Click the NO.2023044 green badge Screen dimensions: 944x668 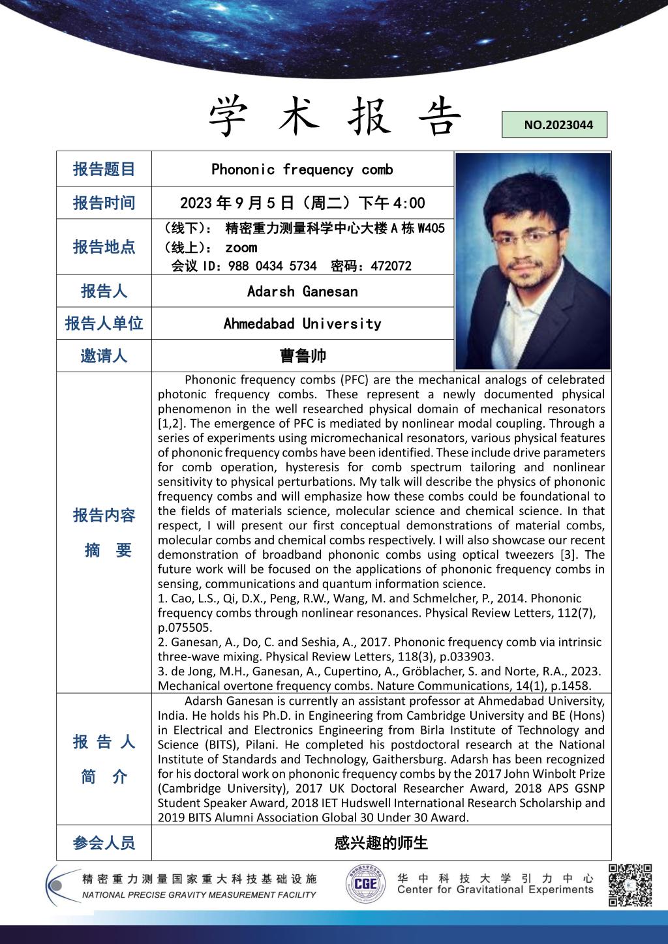coord(554,125)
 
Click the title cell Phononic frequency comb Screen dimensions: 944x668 coord(302,170)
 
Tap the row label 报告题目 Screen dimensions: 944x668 coord(104,170)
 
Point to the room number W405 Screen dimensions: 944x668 coord(431,228)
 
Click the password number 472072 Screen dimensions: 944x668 coord(391,266)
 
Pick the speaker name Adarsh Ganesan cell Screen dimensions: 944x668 coord(302,291)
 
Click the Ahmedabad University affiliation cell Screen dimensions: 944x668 coord(302,323)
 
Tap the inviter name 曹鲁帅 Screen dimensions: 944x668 coord(302,356)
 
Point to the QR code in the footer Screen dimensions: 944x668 coord(630,885)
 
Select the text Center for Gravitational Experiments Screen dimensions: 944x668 coord(495,890)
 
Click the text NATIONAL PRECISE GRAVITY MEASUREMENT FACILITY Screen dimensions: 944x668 coord(199,895)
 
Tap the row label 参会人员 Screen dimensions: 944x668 coord(104,843)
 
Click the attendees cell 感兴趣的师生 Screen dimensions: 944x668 coord(381,843)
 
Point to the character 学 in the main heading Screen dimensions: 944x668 coord(231,117)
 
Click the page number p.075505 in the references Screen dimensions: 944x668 coord(185,627)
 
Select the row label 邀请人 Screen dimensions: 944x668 coord(104,356)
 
